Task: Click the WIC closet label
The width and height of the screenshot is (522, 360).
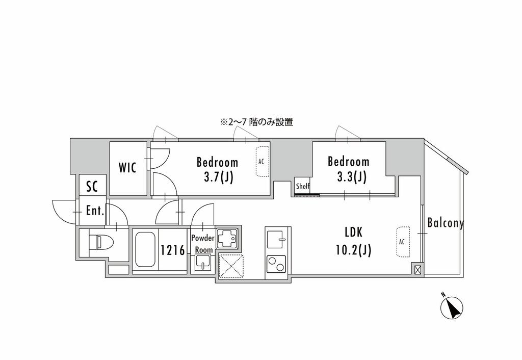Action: (x=127, y=167)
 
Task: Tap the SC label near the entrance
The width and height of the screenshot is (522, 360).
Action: (x=92, y=187)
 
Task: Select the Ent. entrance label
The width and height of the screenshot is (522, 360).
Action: (x=95, y=211)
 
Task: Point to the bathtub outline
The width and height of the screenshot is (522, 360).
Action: (x=145, y=249)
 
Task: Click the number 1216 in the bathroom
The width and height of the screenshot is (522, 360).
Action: (x=173, y=250)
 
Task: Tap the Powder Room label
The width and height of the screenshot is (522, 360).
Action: (x=203, y=244)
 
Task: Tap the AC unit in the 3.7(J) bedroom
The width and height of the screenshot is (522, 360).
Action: (x=263, y=162)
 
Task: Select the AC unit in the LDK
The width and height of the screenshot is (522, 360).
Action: (x=403, y=242)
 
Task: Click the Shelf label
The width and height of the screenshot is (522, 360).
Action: (x=303, y=186)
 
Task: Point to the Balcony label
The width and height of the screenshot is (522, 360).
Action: (x=446, y=222)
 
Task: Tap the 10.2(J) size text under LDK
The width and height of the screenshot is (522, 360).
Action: (x=354, y=249)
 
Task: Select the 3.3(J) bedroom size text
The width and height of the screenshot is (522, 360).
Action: (x=352, y=176)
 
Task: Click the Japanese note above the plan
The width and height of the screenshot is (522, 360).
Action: (x=256, y=122)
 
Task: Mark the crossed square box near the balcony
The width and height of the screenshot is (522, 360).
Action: (x=417, y=269)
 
